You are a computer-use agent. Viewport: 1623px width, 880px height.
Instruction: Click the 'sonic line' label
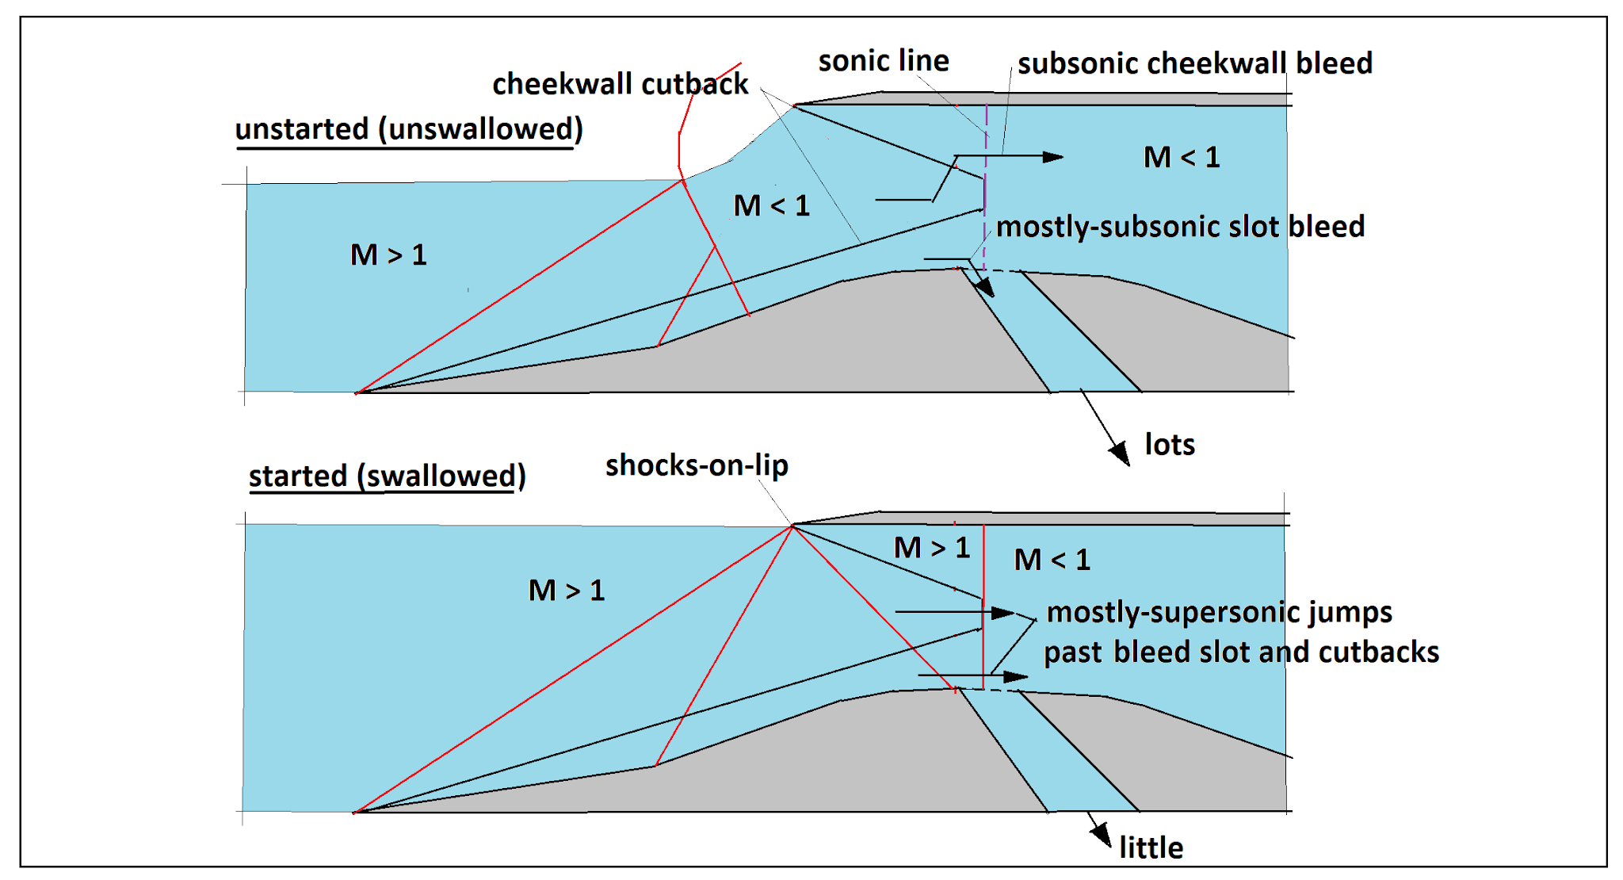pyautogui.click(x=883, y=61)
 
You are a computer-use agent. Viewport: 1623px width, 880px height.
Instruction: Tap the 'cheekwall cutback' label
pyautogui.click(x=620, y=84)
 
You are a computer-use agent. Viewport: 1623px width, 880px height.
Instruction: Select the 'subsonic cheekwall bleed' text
pyautogui.click(x=1194, y=63)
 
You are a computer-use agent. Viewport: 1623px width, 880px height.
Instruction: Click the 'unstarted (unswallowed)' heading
pyautogui.click(x=409, y=129)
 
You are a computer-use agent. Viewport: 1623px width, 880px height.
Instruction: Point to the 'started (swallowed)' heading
pyautogui.click(x=387, y=476)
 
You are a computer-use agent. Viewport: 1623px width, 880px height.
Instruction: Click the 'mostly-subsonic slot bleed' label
pyautogui.click(x=1179, y=227)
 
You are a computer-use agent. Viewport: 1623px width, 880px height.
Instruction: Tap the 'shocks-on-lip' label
pyautogui.click(x=696, y=465)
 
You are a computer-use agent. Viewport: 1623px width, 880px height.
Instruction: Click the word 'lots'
pyautogui.click(x=1169, y=445)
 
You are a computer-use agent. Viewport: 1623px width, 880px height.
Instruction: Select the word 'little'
pyautogui.click(x=1151, y=848)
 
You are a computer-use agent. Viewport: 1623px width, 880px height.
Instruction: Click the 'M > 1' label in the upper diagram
pyautogui.click(x=388, y=255)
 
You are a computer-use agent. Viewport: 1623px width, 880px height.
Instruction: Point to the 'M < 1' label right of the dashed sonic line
pyautogui.click(x=1181, y=158)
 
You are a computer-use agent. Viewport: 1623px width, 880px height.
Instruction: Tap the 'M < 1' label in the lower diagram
pyautogui.click(x=1052, y=561)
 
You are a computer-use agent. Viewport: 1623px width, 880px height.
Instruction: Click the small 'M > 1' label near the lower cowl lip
pyautogui.click(x=931, y=548)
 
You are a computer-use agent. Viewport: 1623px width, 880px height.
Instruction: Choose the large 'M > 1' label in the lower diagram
pyautogui.click(x=566, y=591)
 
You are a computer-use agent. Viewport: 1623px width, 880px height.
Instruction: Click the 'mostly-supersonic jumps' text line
pyautogui.click(x=1218, y=613)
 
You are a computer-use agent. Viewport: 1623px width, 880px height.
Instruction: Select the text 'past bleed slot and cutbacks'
pyautogui.click(x=1240, y=652)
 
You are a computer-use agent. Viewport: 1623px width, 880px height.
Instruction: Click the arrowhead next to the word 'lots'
pyautogui.click(x=1120, y=453)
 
